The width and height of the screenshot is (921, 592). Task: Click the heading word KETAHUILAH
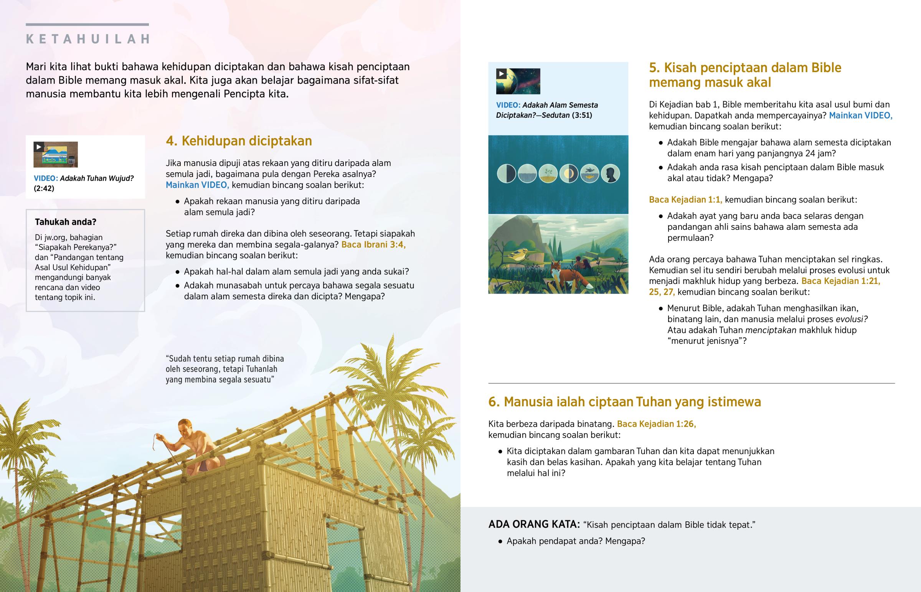pyautogui.click(x=87, y=39)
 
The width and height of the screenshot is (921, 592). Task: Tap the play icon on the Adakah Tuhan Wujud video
pyautogui.click(x=38, y=147)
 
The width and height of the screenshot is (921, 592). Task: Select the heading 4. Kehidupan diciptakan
pyautogui.click(x=239, y=141)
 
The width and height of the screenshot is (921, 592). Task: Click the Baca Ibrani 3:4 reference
pyautogui.click(x=373, y=244)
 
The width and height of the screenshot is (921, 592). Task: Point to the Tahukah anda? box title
pyautogui.click(x=65, y=222)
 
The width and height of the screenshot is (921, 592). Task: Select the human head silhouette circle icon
pyautogui.click(x=610, y=173)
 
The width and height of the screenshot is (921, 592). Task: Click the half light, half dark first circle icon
pyautogui.click(x=506, y=173)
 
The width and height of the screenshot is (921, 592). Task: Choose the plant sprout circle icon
pyautogui.click(x=548, y=173)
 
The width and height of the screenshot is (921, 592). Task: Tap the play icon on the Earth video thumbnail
pyautogui.click(x=501, y=74)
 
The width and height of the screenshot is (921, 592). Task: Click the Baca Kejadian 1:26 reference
pyautogui.click(x=656, y=424)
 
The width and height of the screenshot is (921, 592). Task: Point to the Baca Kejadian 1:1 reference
pyautogui.click(x=685, y=200)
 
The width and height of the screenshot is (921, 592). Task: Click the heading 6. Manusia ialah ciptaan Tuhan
pyautogui.click(x=624, y=402)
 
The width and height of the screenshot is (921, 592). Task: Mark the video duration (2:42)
pyautogui.click(x=44, y=188)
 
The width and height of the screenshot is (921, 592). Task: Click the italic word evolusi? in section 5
pyautogui.click(x=852, y=319)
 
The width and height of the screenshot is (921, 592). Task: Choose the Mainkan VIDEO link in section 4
pyautogui.click(x=197, y=185)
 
